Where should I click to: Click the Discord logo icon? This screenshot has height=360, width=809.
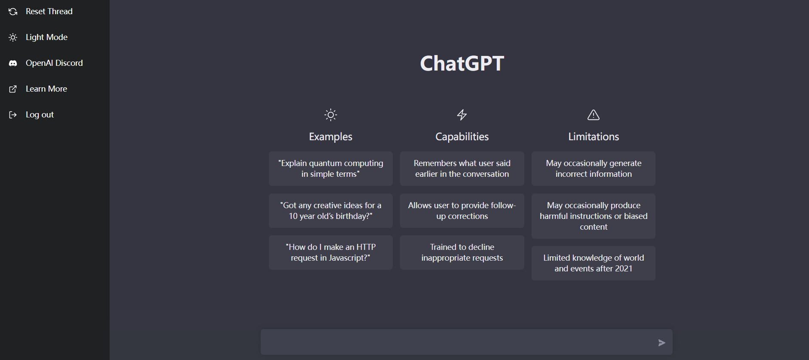pyautogui.click(x=13, y=63)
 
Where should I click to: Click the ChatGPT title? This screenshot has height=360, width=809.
pyautogui.click(x=462, y=64)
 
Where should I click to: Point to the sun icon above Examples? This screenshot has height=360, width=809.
pyautogui.click(x=331, y=115)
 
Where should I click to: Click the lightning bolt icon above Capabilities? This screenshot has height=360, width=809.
pyautogui.click(x=462, y=115)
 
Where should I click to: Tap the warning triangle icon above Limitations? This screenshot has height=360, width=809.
pyautogui.click(x=594, y=115)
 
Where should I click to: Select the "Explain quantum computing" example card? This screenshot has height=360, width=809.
pyautogui.click(x=331, y=169)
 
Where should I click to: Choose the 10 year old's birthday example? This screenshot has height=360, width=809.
pyautogui.click(x=331, y=211)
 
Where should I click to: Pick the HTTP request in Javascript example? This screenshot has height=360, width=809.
pyautogui.click(x=331, y=252)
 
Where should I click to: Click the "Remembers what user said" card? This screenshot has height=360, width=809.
pyautogui.click(x=462, y=169)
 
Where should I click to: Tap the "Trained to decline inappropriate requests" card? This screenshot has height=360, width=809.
pyautogui.click(x=462, y=252)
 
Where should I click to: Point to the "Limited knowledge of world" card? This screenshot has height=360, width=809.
pyautogui.click(x=594, y=263)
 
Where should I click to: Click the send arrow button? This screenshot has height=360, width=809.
pyautogui.click(x=662, y=343)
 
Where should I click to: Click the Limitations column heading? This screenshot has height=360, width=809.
pyautogui.click(x=594, y=137)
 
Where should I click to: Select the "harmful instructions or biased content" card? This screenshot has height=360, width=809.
pyautogui.click(x=594, y=216)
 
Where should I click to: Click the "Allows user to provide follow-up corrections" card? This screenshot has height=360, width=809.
pyautogui.click(x=462, y=211)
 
